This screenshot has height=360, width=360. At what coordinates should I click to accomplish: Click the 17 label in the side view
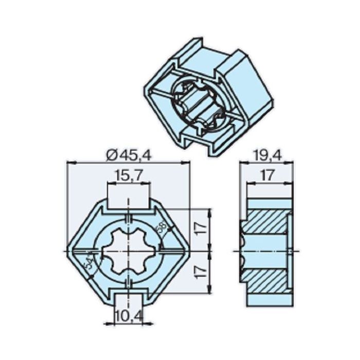(x=266, y=176)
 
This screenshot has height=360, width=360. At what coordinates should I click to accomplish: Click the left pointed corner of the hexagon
(x=69, y=250)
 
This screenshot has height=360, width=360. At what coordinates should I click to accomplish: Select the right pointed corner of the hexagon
(x=188, y=250)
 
